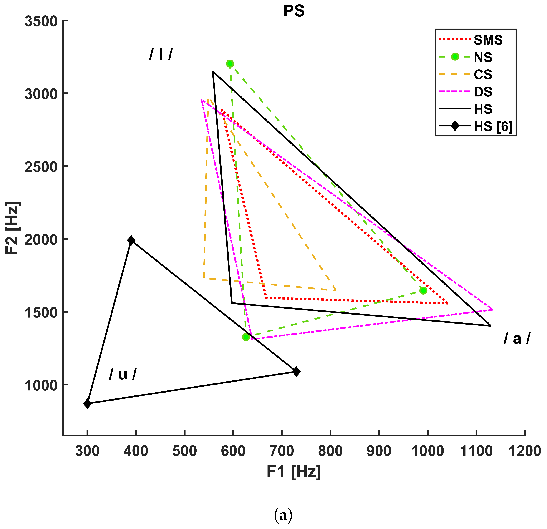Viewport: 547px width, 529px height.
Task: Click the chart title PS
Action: pos(294,11)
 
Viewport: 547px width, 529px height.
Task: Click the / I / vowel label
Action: pos(161,54)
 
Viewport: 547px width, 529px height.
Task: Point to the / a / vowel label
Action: pos(517,339)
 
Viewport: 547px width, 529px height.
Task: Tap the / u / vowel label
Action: pos(123,374)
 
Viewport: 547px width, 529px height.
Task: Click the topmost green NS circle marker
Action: pos(230,64)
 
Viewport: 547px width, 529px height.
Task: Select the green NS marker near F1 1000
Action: pos(423,290)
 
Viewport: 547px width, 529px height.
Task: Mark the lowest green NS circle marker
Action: pos(246,337)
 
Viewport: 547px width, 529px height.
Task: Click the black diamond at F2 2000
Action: pos(131,240)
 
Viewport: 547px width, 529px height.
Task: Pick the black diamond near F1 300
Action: pos(87,403)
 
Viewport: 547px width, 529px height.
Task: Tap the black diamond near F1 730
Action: pos(296,372)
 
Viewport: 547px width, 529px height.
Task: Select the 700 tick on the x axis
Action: pos(282,451)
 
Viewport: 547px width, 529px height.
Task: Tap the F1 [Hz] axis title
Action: pos(294,472)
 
